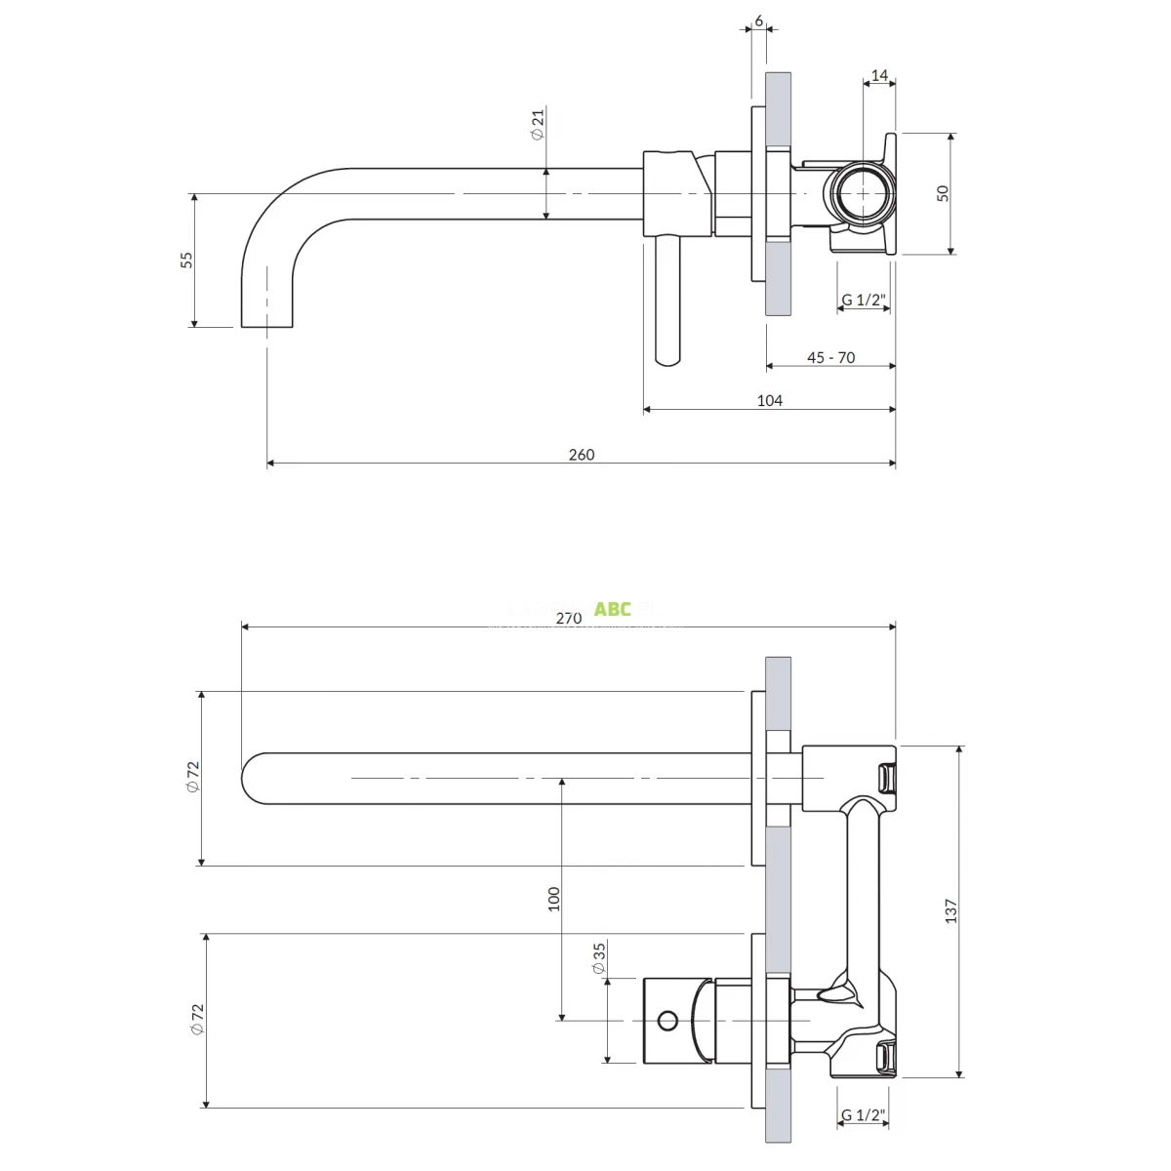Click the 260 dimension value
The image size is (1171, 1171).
[x=581, y=454]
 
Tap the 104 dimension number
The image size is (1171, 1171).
[x=770, y=400]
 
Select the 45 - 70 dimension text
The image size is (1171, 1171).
[x=830, y=357]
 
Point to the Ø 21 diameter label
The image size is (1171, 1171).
[x=538, y=124]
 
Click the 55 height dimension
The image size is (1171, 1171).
[x=186, y=260]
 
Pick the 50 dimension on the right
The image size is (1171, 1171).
[x=943, y=193]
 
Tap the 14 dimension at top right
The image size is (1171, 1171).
[x=879, y=75]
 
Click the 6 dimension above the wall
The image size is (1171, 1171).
[x=758, y=20]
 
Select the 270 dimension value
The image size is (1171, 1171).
[x=568, y=617]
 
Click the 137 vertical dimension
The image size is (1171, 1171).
[x=951, y=910]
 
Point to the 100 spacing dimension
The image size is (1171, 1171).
[x=554, y=899]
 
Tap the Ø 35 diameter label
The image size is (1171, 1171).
[x=599, y=958]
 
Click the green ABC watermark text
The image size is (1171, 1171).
[x=613, y=610]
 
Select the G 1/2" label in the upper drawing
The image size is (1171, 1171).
[x=863, y=300]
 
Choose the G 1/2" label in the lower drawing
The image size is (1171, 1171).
[x=863, y=1114]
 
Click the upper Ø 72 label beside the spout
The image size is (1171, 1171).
[x=193, y=778]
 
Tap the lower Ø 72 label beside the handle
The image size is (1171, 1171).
[x=198, y=1020]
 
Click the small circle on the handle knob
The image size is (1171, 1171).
[x=667, y=1021]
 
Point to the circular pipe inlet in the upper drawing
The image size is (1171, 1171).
[x=864, y=193]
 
